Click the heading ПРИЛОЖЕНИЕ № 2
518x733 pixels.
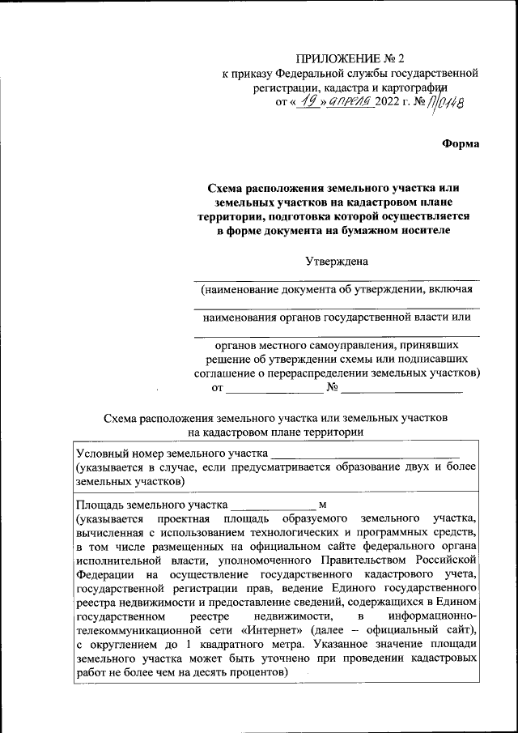click(350, 58)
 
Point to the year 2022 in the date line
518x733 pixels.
click(388, 101)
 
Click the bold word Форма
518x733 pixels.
click(461, 143)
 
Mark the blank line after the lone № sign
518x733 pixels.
click(401, 390)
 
